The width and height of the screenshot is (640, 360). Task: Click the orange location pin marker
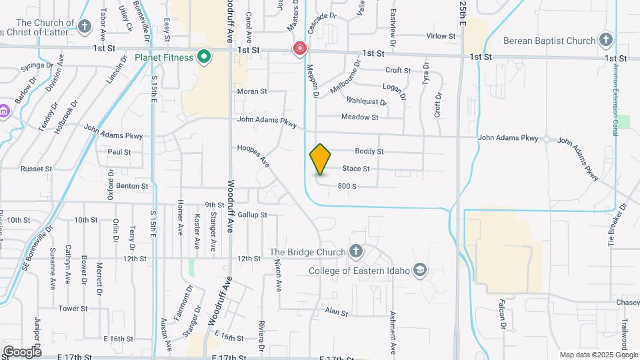point(320,159)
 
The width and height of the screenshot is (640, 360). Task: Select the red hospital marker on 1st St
point(300,48)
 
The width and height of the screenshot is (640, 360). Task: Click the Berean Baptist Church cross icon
point(605,41)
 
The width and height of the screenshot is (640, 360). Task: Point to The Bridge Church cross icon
point(356,252)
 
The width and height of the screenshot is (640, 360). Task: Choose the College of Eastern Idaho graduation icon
point(420,270)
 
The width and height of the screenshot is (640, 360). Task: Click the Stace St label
point(356,169)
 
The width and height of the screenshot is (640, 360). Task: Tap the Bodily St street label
point(369,151)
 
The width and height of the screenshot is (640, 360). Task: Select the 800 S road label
point(347,186)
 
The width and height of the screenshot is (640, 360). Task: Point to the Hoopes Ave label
point(253,155)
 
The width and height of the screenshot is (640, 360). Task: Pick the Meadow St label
point(359,117)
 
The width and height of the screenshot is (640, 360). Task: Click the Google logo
point(21,351)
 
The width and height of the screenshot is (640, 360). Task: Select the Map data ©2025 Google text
point(598,355)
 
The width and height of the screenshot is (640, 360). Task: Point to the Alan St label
point(337,312)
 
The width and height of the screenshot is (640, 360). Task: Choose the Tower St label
point(73,309)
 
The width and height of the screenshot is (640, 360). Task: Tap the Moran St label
point(252,91)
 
